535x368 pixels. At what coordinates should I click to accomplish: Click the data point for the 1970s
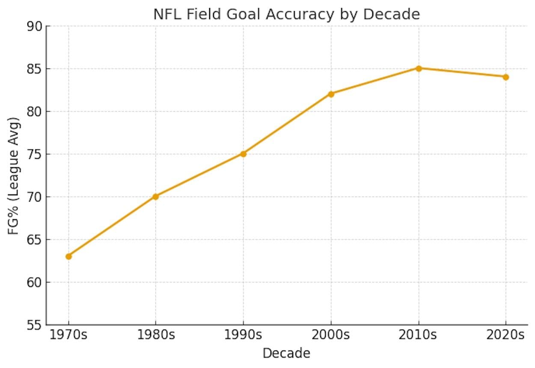68,256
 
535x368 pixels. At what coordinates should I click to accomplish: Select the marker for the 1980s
155,196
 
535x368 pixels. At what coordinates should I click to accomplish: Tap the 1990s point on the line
243,154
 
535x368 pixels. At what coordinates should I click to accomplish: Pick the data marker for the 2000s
331,94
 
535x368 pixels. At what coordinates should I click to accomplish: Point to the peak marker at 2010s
419,68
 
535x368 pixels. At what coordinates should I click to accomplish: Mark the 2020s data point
506,77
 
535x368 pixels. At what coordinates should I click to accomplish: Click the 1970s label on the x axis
68,335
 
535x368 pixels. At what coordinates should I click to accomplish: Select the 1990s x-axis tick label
243,335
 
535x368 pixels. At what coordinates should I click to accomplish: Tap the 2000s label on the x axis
331,335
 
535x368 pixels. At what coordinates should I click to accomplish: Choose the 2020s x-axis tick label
506,335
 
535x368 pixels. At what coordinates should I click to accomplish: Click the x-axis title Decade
286,354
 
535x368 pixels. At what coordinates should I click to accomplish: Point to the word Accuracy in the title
299,14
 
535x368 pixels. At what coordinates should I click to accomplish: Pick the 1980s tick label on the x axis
155,335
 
